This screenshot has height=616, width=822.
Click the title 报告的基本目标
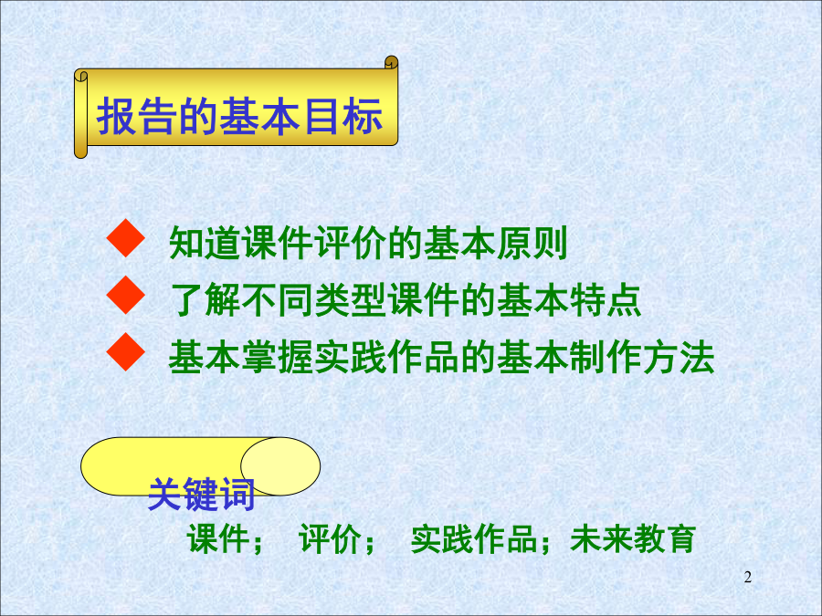[x=239, y=116]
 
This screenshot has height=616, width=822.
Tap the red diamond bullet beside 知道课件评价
[x=126, y=238]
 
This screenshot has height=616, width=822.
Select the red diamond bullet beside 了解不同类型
[x=126, y=295]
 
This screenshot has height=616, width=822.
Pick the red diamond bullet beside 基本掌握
[x=126, y=351]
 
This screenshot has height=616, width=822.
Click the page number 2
[x=747, y=578]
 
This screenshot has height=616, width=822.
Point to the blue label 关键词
[x=201, y=494]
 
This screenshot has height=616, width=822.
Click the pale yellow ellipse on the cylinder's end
[x=280, y=466]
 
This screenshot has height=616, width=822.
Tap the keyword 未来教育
[x=633, y=539]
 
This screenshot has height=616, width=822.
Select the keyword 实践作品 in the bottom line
[x=473, y=539]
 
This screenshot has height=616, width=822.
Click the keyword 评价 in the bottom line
[x=331, y=539]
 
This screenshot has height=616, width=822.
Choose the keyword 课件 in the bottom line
[x=218, y=539]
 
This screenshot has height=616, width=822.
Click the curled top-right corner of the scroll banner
[x=391, y=62]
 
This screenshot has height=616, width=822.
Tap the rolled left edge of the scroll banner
[x=80, y=113]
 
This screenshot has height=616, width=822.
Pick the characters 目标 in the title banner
[x=342, y=116]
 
